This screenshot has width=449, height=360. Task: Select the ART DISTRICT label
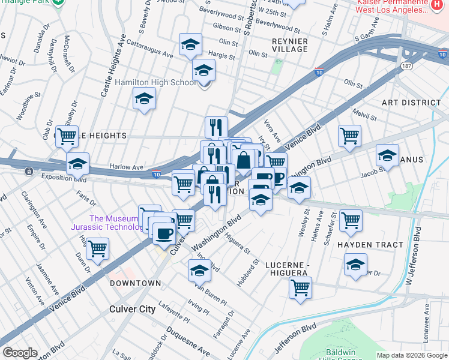pos(411,103)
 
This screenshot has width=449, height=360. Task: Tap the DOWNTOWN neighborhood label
pos(135,283)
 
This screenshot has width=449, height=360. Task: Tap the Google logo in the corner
pos(20,353)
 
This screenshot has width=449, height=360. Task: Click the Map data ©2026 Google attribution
pos(412,355)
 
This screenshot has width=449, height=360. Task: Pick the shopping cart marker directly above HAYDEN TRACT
pos(351,220)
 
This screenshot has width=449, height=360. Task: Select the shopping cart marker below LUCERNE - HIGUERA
pos(300,287)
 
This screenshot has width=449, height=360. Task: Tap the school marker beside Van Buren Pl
pos(199,271)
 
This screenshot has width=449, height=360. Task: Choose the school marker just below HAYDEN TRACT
pos(355,263)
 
